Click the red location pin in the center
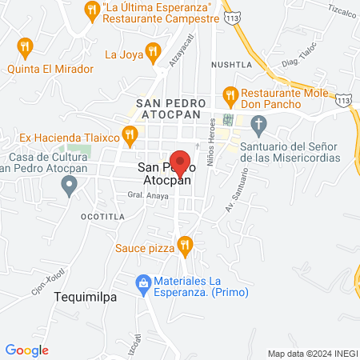180,162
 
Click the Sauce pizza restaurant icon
186,246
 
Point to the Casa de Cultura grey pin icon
69,186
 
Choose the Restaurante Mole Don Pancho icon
230,96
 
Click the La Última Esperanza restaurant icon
90,12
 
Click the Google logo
27,350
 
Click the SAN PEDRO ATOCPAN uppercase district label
172,110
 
